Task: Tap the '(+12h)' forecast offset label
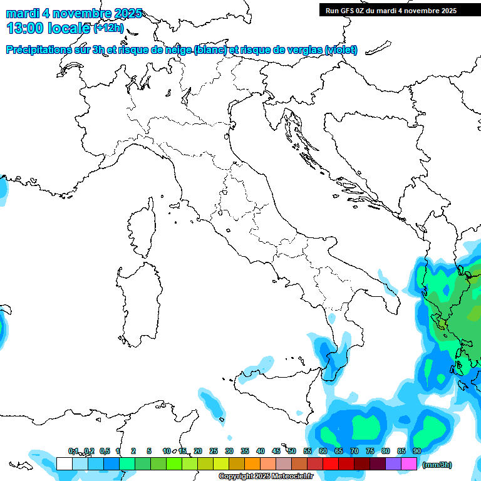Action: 109,28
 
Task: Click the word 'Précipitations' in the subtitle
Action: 37,50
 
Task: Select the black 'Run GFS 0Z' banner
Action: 400,10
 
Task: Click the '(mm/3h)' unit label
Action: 437,465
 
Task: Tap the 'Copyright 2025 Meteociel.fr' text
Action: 266,477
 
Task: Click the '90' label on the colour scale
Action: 416,451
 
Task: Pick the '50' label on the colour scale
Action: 292,451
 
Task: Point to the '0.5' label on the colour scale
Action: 105,451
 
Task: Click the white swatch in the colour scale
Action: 64,463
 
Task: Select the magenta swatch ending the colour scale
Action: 409,463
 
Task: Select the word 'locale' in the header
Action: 69,28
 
